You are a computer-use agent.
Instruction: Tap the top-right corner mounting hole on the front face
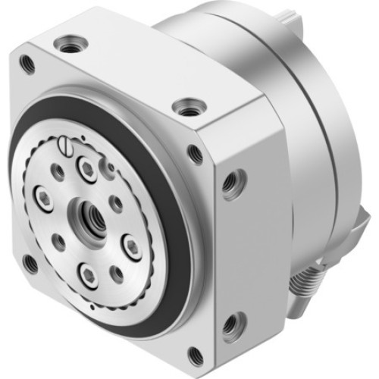click(196, 155)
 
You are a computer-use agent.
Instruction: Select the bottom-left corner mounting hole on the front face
click(30, 263)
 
